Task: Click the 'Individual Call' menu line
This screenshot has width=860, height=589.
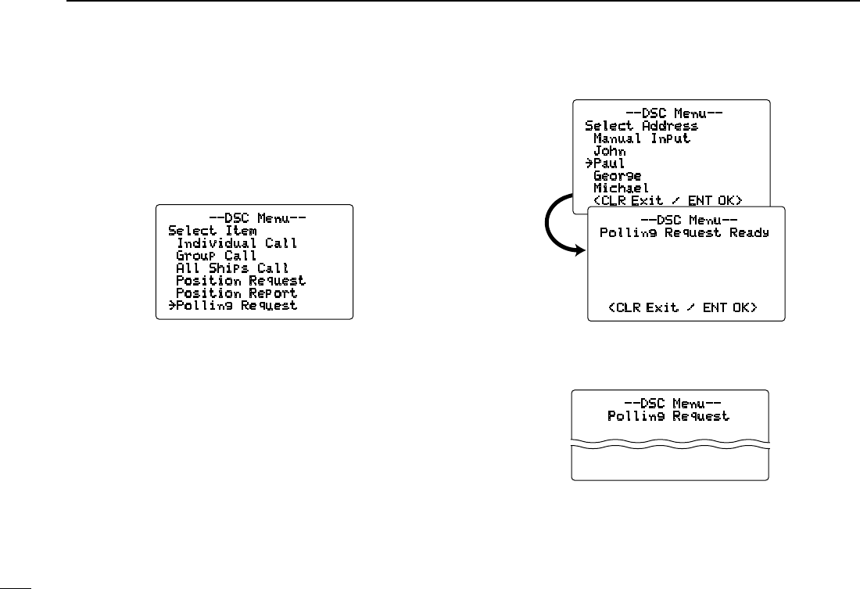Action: point(237,243)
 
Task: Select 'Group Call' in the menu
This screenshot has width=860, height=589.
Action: point(217,256)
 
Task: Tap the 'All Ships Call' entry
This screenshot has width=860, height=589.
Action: point(232,268)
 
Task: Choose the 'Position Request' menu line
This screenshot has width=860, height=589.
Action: point(241,281)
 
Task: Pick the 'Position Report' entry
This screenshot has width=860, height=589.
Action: point(237,293)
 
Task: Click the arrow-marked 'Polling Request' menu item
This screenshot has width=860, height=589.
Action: point(232,306)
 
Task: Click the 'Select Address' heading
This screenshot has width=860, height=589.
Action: point(641,126)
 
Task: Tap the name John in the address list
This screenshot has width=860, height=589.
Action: point(609,151)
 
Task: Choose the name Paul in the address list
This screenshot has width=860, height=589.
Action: point(609,163)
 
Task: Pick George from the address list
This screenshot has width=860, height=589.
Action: point(618,176)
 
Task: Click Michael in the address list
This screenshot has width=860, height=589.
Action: point(622,189)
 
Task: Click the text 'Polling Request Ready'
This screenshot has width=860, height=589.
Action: point(684,232)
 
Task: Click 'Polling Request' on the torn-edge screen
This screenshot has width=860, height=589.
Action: point(668,416)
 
